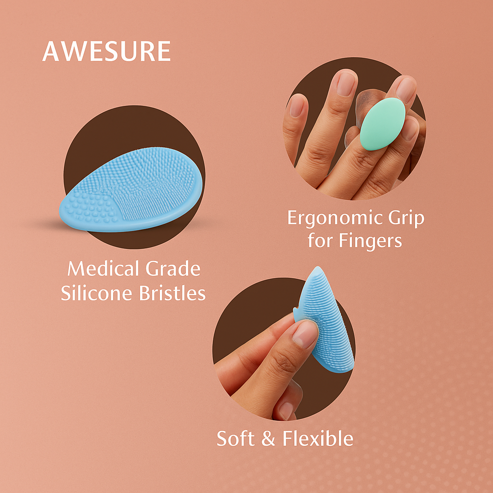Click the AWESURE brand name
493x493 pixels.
click(x=106, y=51)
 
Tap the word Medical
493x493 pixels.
click(x=103, y=269)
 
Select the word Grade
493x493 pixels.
click(x=173, y=269)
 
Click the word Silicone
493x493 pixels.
click(x=96, y=293)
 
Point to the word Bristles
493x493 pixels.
click(x=172, y=293)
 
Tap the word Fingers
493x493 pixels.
click(x=370, y=241)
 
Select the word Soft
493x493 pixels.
click(x=235, y=438)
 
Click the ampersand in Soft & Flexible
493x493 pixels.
click(x=268, y=439)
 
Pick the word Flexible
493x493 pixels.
click(x=318, y=438)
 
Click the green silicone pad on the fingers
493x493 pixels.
click(x=382, y=124)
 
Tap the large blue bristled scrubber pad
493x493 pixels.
click(x=131, y=189)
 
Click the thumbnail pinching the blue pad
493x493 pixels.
click(x=305, y=334)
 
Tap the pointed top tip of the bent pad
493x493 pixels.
click(x=318, y=267)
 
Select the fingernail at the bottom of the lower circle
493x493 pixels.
click(x=286, y=411)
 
